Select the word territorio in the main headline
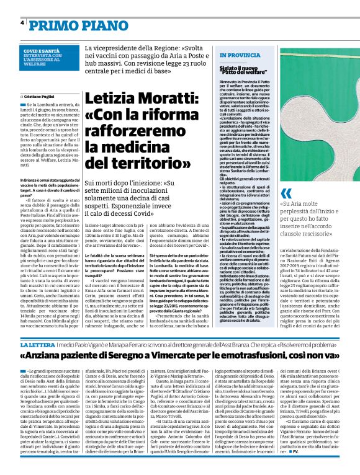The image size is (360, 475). click(x=167, y=163)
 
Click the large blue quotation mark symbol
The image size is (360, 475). click(x=286, y=193)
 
